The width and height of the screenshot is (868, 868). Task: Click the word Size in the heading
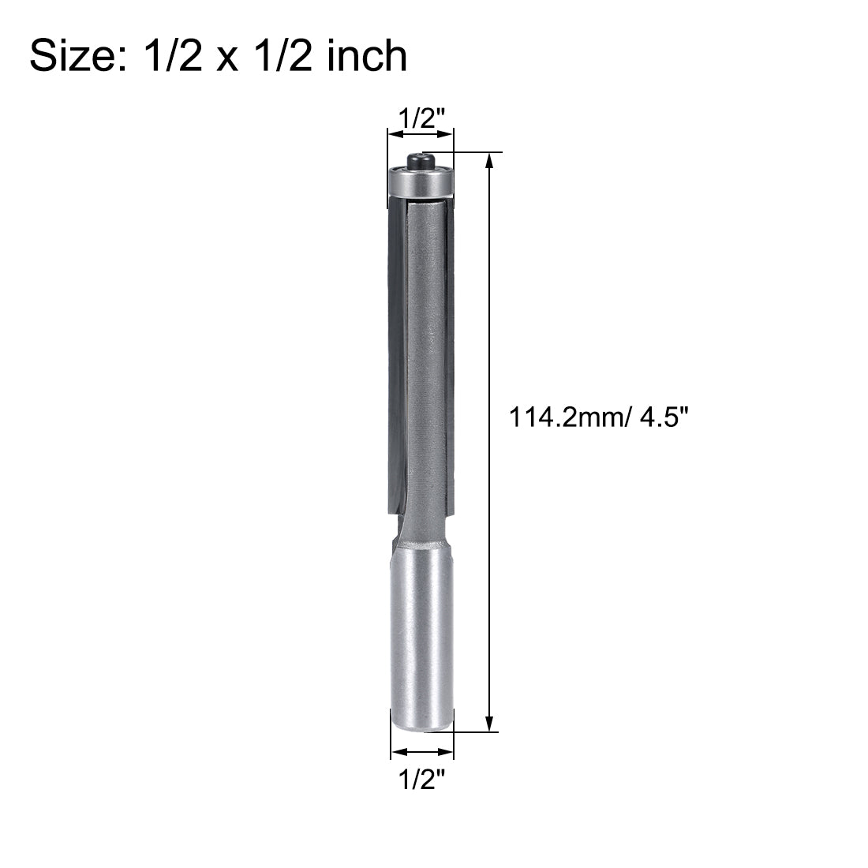72,56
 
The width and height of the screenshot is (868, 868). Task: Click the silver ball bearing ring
421,182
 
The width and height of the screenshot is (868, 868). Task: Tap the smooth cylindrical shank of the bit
422,623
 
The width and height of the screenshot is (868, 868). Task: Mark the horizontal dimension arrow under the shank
422,752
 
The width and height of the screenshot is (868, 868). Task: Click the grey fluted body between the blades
425,355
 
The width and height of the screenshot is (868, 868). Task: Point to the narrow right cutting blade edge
451,355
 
